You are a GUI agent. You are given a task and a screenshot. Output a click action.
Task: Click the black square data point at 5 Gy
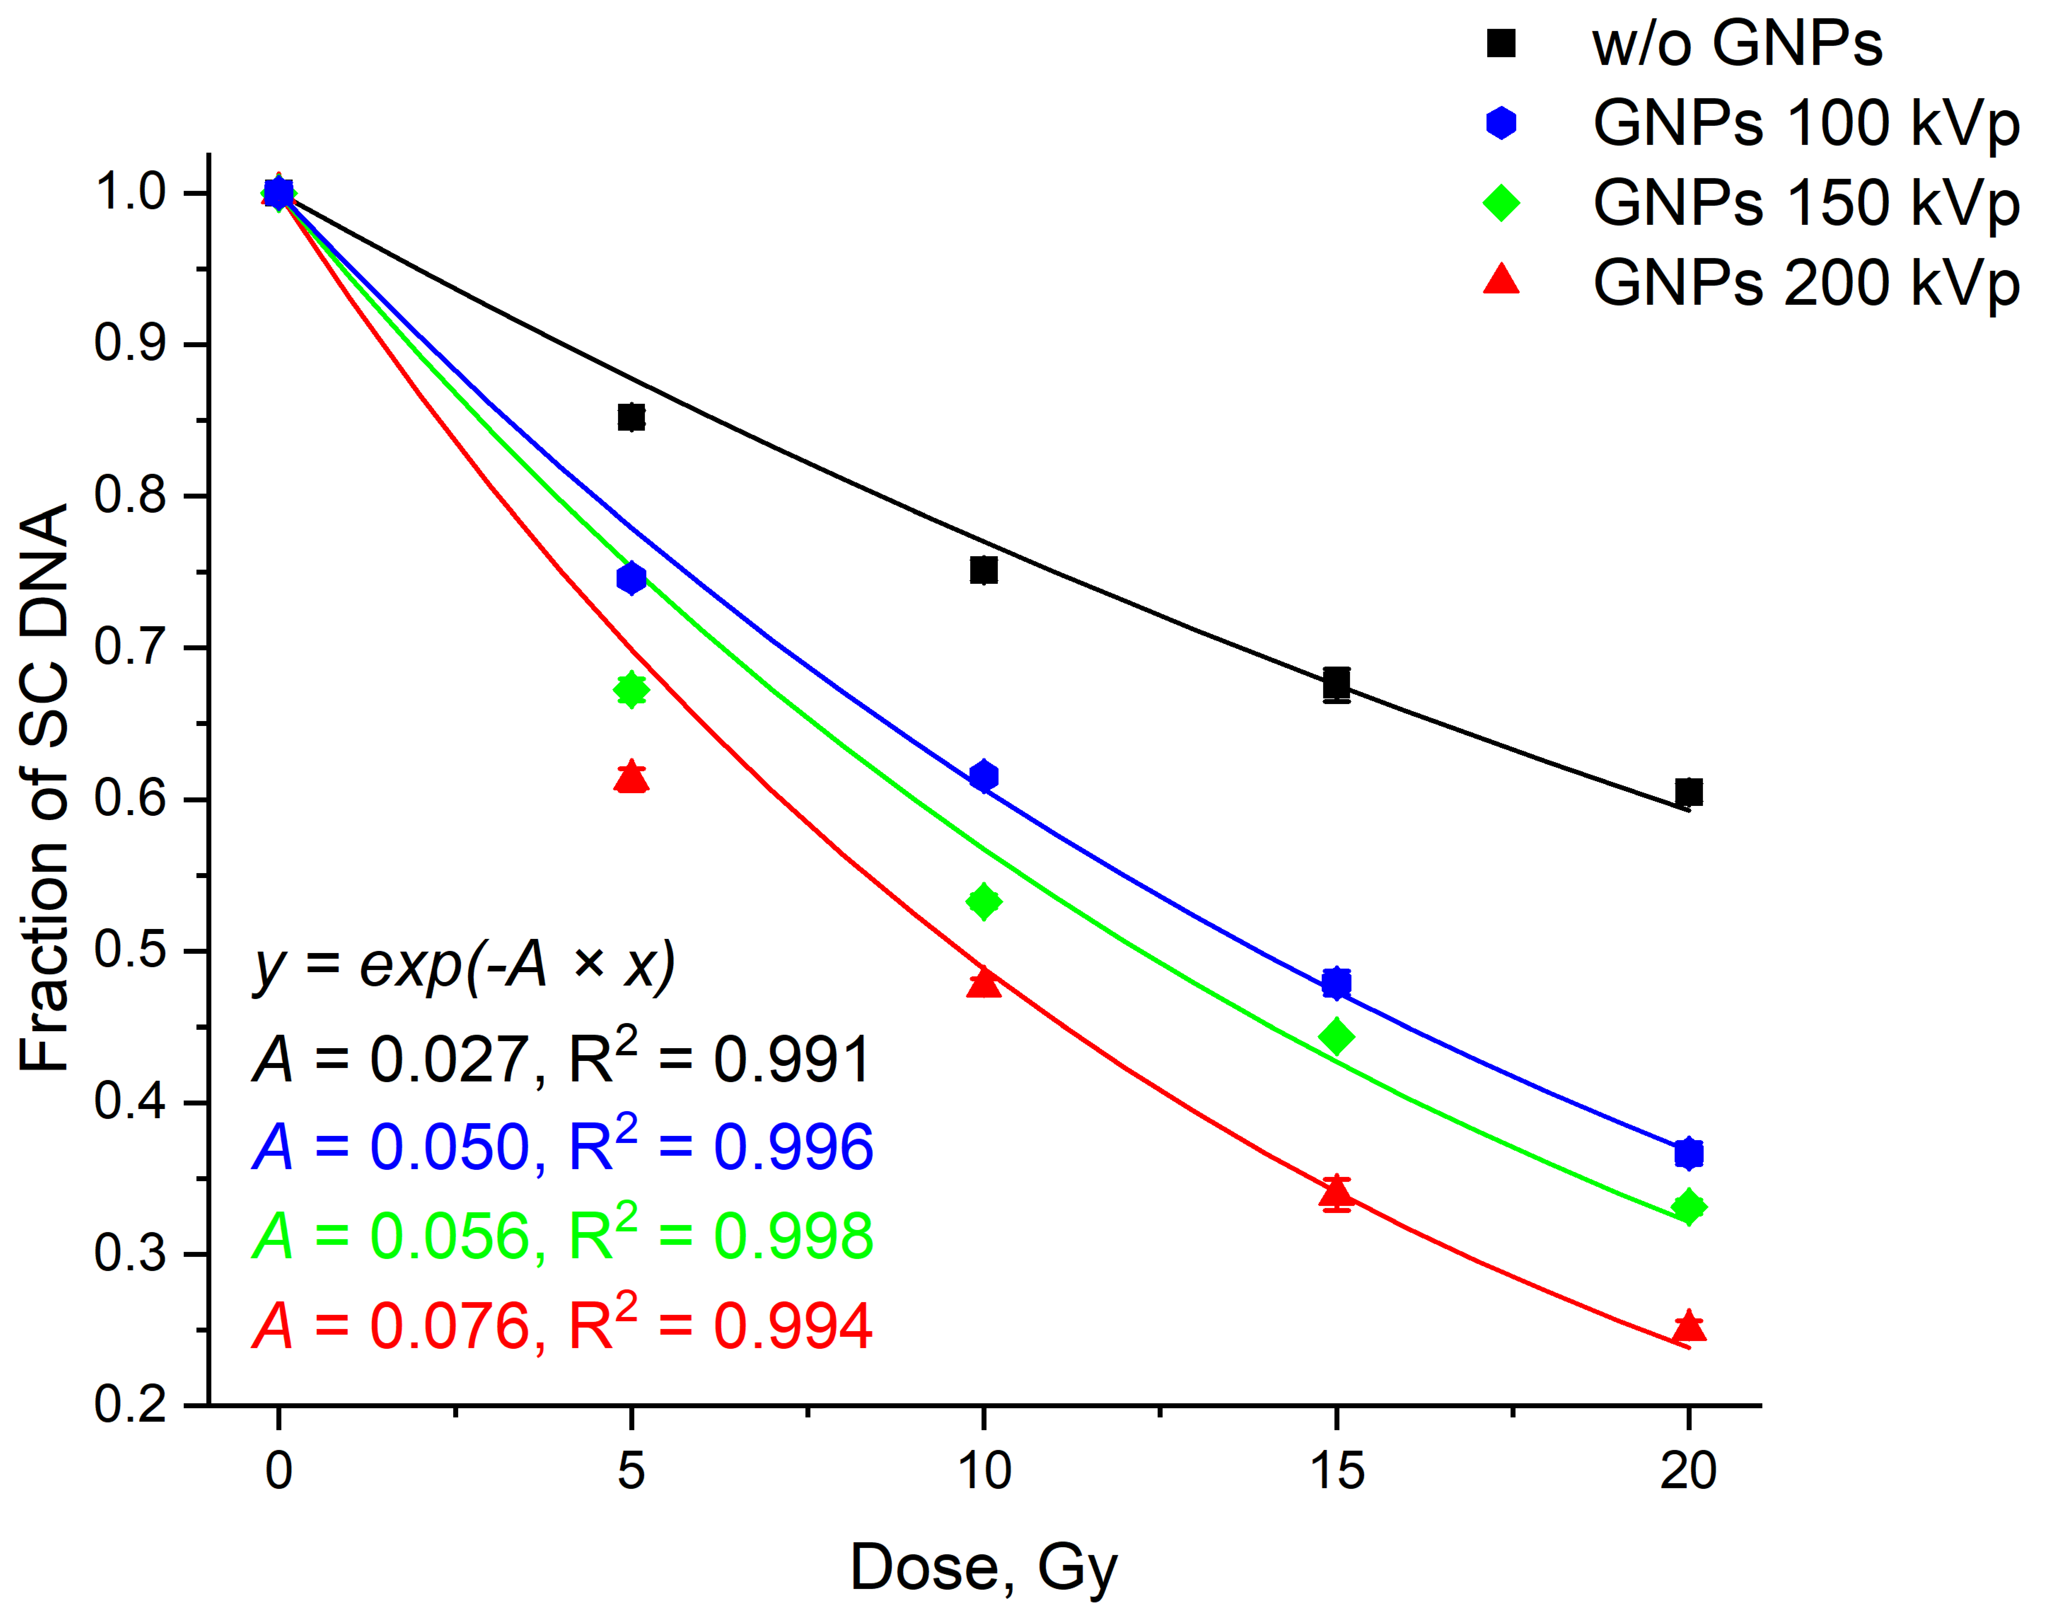coord(631,417)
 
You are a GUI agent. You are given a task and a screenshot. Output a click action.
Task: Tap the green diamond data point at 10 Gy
coord(983,901)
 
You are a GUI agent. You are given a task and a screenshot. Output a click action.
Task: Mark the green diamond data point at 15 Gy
coord(1336,1036)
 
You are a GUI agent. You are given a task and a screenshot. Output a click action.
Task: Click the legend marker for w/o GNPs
coord(1500,43)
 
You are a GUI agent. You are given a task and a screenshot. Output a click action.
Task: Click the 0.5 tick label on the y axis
coord(130,950)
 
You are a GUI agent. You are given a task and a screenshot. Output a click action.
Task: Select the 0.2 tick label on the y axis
coord(130,1405)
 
